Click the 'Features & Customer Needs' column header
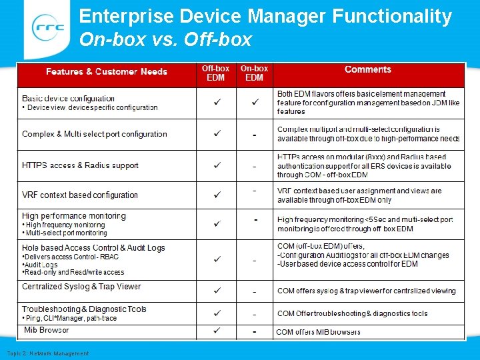tap(107, 72)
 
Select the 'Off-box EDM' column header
tap(215, 73)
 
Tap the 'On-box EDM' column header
tap(254, 73)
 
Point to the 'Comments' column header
tap(367, 69)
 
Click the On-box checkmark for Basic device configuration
tap(255, 103)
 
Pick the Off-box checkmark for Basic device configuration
tap(217, 103)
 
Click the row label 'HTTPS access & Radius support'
tap(80, 165)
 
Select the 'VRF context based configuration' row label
tap(80, 195)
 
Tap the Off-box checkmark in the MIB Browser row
tap(217, 331)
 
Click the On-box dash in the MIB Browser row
tap(255, 331)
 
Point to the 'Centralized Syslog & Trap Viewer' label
tap(81, 287)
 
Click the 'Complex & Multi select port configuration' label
tap(95, 134)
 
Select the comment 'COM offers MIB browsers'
tap(318, 332)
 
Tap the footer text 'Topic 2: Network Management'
tap(47, 353)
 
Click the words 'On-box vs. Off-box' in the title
tap(165, 40)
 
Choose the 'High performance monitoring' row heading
tap(74, 216)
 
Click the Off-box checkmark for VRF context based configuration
tap(217, 195)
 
